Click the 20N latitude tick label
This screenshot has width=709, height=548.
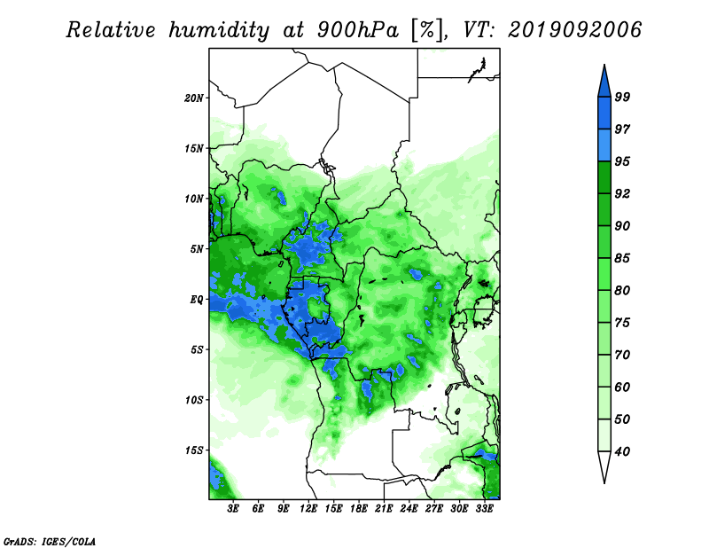(x=194, y=98)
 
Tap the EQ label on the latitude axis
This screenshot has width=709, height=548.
(x=197, y=299)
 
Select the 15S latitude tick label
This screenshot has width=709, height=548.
(x=194, y=450)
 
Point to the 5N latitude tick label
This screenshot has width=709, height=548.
(x=197, y=249)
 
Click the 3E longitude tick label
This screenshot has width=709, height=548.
(x=233, y=508)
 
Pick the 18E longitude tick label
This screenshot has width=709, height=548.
(x=359, y=508)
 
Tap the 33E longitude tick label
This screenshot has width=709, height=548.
(x=484, y=508)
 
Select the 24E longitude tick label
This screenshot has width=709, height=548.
(x=409, y=508)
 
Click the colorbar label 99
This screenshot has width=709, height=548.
(x=622, y=97)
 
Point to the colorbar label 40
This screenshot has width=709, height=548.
(x=622, y=451)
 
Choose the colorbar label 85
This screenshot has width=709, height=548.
(x=622, y=258)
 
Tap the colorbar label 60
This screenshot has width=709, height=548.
(x=622, y=387)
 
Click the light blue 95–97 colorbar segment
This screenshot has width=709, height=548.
(x=604, y=145)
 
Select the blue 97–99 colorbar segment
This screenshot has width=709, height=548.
(x=604, y=114)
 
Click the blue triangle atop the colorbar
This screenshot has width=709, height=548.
(x=604, y=83)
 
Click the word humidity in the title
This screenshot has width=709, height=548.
(x=219, y=31)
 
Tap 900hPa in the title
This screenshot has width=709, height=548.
(x=358, y=30)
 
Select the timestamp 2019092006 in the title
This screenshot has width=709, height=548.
(x=574, y=30)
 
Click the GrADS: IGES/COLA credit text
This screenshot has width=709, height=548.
(x=50, y=542)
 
